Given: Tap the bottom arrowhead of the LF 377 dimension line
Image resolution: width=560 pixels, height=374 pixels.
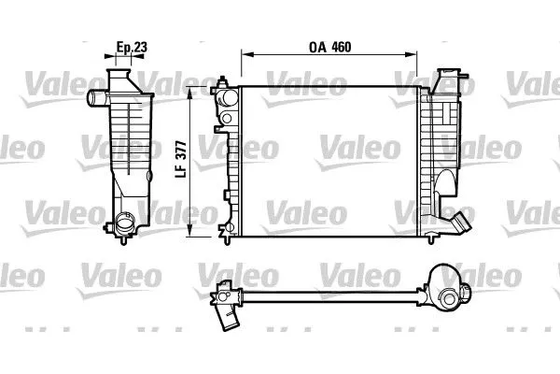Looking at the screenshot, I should tap(192, 233).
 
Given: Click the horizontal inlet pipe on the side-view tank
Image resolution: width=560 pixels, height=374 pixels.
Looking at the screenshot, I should tap(96, 97).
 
